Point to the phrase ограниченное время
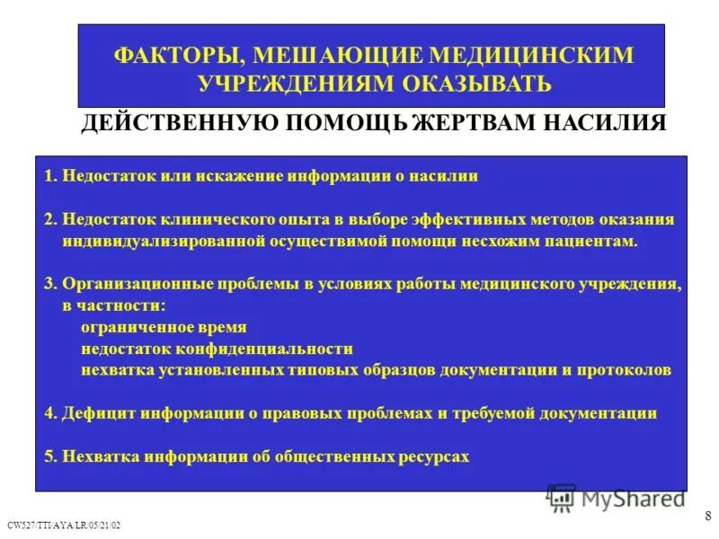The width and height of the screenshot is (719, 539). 163,327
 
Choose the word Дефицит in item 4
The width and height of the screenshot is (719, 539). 94,413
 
